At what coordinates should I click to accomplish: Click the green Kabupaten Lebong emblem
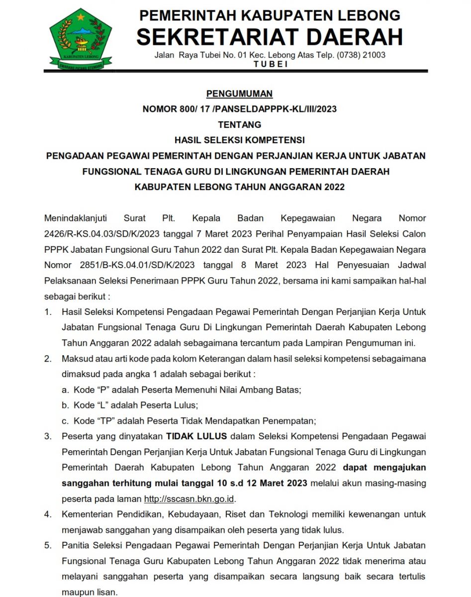[x=81, y=39]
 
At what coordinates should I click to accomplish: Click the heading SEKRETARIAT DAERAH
[x=270, y=37]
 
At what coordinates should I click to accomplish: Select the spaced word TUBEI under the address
[x=270, y=64]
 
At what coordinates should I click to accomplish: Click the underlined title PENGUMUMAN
[x=240, y=94]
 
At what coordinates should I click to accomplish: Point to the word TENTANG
[x=240, y=124]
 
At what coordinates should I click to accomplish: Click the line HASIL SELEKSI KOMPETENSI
[x=240, y=140]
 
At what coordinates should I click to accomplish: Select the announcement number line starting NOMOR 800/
[x=240, y=109]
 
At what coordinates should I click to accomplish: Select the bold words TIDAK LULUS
[x=196, y=436]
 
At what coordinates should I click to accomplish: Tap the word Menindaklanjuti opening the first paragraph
[x=76, y=218]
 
